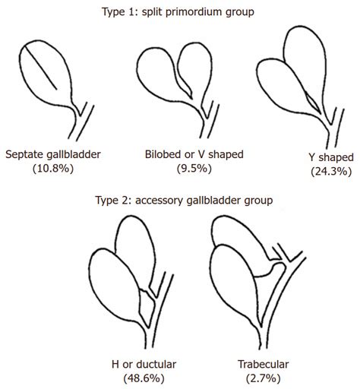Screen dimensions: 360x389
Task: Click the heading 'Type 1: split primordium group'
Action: click(x=178, y=12)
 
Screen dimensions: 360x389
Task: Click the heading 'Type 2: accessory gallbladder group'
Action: click(x=184, y=200)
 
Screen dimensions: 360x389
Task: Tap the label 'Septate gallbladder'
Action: click(x=53, y=154)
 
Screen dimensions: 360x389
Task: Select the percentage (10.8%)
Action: click(x=53, y=169)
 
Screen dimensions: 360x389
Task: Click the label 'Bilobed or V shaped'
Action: click(x=194, y=154)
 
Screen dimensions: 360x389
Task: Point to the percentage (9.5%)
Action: click(x=194, y=168)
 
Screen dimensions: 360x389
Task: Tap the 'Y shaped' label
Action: click(x=331, y=157)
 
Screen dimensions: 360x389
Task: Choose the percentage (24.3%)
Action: click(x=331, y=172)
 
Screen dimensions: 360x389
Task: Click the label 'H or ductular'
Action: click(x=144, y=364)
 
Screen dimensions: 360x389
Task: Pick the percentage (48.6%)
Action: click(x=144, y=378)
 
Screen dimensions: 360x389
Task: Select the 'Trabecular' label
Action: click(x=264, y=364)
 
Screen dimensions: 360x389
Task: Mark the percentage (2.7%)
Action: click(x=264, y=378)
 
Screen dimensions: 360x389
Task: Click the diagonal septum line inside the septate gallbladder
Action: click(x=41, y=68)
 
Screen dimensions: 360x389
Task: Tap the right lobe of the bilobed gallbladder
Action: click(x=195, y=66)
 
